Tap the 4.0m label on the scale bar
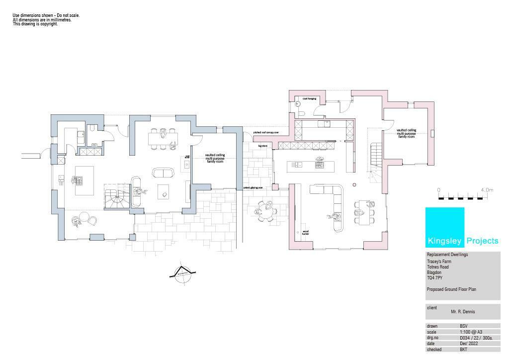tap(487, 190)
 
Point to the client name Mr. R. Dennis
tap(463, 312)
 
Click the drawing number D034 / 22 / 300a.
tap(476, 338)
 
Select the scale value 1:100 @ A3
tap(471, 332)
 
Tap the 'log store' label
tap(263, 146)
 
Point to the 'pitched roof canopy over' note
tap(266, 133)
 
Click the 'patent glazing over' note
tap(253, 188)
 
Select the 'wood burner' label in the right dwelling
tap(305, 232)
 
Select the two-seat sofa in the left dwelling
tap(163, 173)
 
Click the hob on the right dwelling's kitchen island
tap(319, 164)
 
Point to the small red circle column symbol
tap(354, 184)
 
